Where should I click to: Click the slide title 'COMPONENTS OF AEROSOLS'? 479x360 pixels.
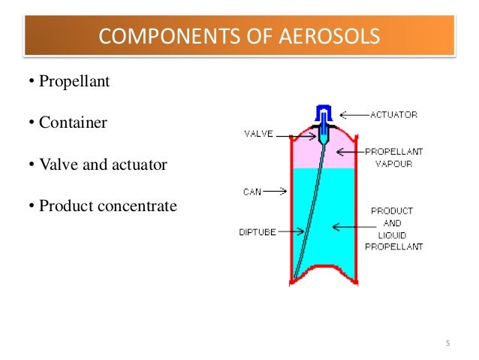pos(239,35)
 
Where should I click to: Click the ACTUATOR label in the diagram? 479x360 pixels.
pos(393,115)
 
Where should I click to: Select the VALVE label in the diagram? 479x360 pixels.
pos(258,135)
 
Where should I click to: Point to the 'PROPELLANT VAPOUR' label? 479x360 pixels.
pos(394,157)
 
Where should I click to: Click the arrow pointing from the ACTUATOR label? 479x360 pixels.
pos(353,115)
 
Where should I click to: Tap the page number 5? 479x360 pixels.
pos(447,344)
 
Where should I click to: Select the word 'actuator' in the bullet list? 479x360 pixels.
pos(139,162)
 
